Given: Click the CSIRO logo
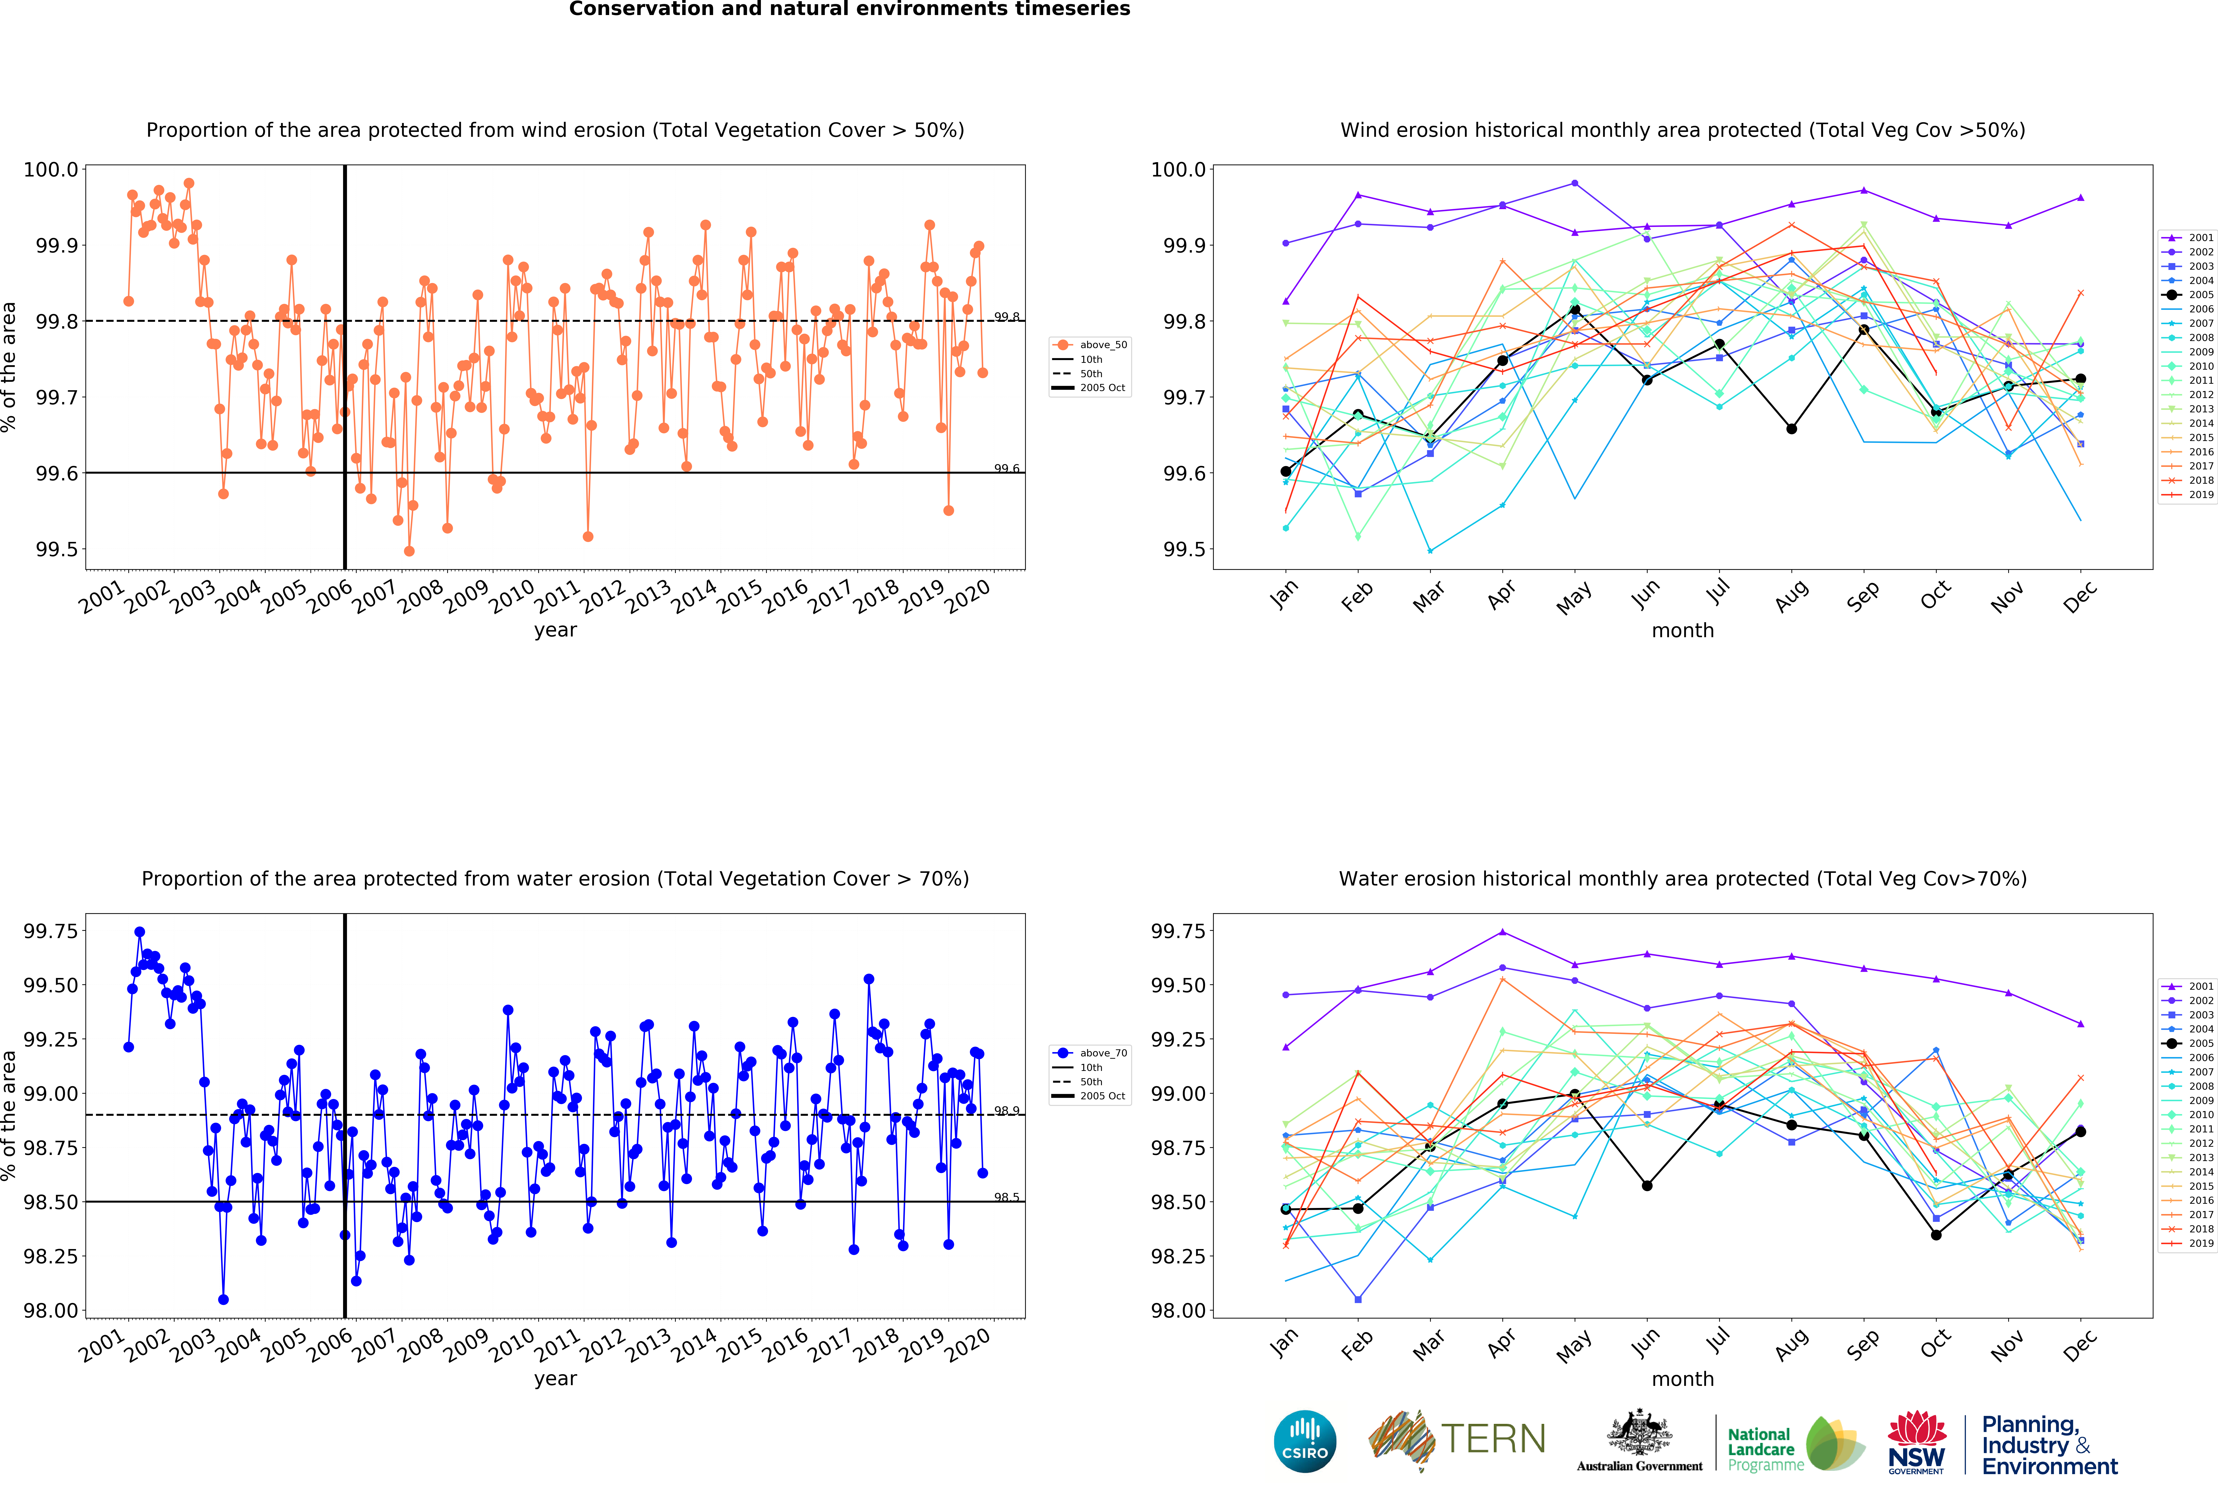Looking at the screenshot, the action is tap(1305, 1441).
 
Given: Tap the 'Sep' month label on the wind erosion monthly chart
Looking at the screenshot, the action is tap(1863, 594).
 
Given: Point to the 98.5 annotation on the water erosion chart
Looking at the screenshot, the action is tap(1007, 1197).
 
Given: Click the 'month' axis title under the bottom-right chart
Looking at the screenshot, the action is tap(1683, 1379).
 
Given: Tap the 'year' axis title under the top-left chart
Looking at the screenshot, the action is tap(555, 630).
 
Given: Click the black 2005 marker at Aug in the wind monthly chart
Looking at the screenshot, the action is tap(1791, 429).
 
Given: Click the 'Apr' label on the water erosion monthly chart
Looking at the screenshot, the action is tap(1501, 1342).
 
